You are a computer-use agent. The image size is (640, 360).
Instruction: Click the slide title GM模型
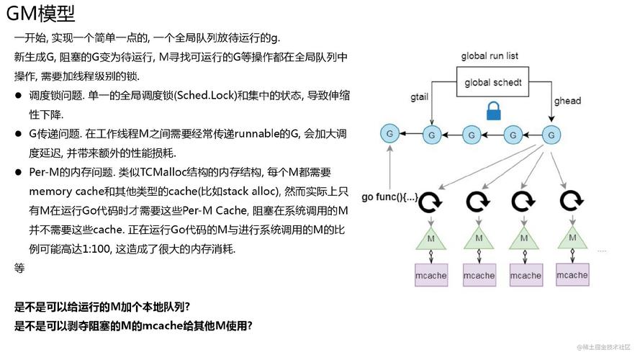41,13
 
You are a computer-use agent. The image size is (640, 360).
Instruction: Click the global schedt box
493,82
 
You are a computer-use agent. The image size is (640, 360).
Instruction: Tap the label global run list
490,56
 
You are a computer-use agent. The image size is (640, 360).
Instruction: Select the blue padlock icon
493,110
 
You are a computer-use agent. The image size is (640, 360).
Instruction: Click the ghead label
567,101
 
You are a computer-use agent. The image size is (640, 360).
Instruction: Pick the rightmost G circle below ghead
551,135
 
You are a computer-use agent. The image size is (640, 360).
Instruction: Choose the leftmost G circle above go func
389,133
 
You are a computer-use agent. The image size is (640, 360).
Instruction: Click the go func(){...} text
389,197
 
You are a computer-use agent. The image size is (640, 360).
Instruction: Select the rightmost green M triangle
572,237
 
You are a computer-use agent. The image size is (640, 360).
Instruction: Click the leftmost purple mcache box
431,275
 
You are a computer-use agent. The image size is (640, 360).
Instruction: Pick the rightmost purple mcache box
572,275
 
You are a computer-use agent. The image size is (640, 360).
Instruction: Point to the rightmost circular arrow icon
572,200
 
